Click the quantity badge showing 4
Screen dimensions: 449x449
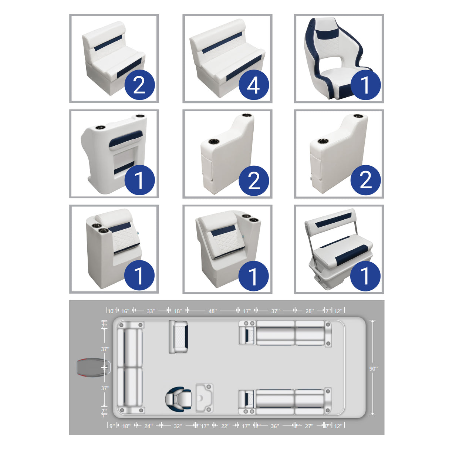point(253,85)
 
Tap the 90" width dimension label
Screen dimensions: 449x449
point(374,368)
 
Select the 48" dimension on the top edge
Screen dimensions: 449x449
point(212,311)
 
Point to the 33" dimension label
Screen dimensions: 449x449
point(151,311)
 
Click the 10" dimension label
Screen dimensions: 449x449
point(111,311)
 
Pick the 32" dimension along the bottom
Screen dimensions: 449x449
point(178,426)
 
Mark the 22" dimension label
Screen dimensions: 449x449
point(225,426)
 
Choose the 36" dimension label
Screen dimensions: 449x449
point(275,426)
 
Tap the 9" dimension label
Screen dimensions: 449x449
point(112,426)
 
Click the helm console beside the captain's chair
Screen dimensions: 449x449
point(205,398)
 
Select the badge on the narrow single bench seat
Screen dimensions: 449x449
point(139,85)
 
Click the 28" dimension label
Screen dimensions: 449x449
point(309,311)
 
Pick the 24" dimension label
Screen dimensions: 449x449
point(148,426)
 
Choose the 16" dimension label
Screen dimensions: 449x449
point(125,311)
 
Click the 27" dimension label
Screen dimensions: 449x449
point(309,426)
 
